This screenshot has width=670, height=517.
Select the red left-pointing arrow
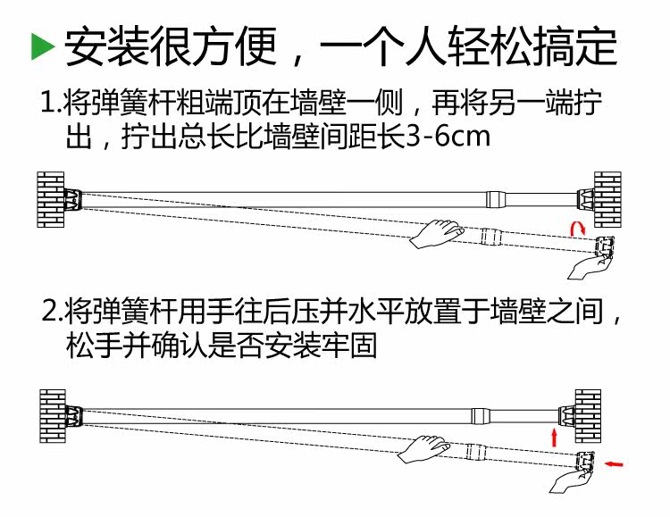point(616,463)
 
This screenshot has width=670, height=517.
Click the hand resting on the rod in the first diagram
point(437,233)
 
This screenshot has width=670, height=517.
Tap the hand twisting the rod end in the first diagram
point(591,262)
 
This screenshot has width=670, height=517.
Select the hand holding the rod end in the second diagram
point(574,479)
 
